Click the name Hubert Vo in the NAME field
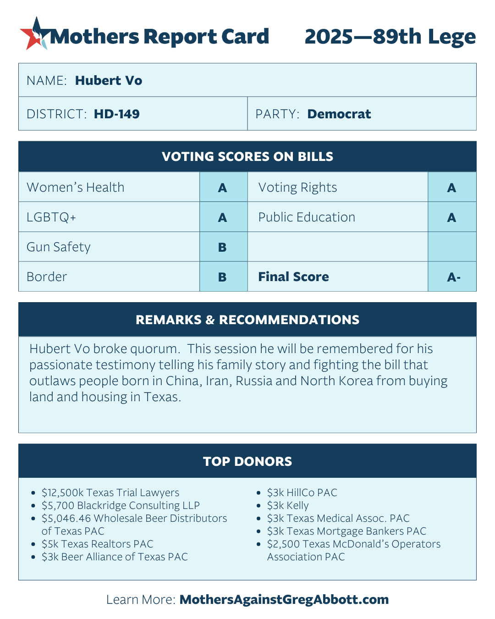click(109, 81)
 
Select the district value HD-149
click(116, 114)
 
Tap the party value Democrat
click(339, 114)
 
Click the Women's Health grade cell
click(223, 188)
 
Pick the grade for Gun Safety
click(223, 247)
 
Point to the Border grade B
click(223, 277)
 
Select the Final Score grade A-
click(453, 277)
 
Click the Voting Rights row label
click(297, 188)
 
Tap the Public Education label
click(307, 217)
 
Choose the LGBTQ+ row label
click(51, 217)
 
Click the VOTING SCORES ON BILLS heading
click(247, 157)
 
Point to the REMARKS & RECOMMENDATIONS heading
click(247, 320)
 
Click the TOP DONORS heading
click(247, 461)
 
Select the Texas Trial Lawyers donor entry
click(110, 493)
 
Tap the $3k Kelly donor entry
click(288, 506)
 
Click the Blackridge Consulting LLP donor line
click(121, 506)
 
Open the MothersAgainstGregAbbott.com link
click(284, 600)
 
